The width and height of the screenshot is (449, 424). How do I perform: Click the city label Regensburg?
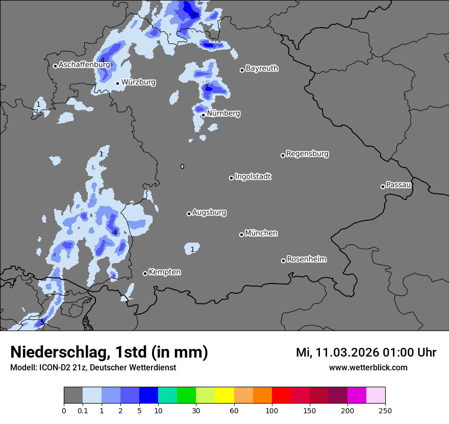point(307,154)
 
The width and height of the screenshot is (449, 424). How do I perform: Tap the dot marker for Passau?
point(383,186)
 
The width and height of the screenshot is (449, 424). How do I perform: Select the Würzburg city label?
point(138,82)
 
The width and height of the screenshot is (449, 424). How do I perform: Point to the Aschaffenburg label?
point(84,65)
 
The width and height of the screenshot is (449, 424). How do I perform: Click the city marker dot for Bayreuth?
point(242,70)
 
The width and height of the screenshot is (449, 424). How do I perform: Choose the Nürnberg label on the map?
point(223,113)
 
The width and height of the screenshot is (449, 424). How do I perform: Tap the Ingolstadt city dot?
point(231,178)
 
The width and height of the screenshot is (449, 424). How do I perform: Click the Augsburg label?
point(209,213)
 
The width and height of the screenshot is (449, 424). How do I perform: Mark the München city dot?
point(241,234)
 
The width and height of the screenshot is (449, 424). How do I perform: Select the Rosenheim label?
point(306,260)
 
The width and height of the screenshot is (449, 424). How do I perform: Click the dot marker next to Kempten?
point(145,273)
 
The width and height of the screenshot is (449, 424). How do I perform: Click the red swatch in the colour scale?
point(281,395)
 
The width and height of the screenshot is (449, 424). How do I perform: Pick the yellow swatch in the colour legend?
point(224,395)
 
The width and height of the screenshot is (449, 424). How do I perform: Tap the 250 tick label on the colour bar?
point(385,410)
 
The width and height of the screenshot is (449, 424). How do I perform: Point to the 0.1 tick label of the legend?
point(83,410)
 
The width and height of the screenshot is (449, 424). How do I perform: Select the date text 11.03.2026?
point(346,352)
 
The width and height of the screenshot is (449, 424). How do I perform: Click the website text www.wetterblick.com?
point(368,367)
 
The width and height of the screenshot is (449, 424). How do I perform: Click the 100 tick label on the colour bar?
point(272,410)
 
